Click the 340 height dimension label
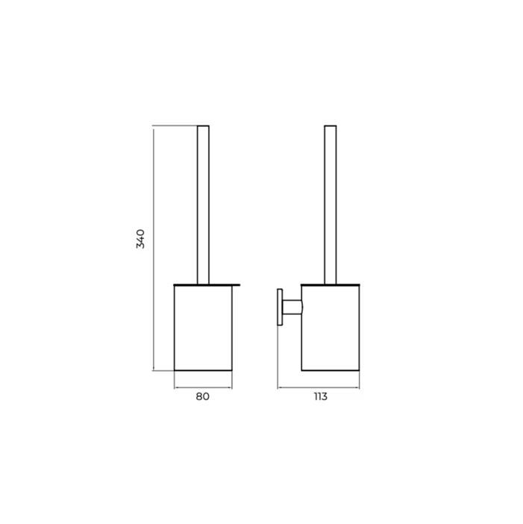(140, 239)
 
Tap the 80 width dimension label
(203, 396)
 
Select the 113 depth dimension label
(321, 396)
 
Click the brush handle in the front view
(203, 205)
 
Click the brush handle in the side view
(331, 205)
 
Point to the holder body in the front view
(203, 328)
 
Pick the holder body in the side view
(331, 328)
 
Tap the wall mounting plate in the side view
(280, 307)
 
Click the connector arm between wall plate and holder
(292, 307)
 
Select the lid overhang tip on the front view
(239, 284)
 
